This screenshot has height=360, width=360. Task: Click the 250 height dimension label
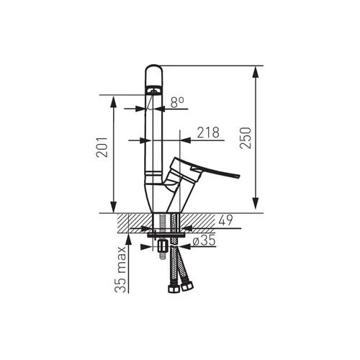[246, 138]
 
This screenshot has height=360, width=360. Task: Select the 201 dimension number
[102, 147]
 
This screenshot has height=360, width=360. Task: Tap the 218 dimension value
[208, 132]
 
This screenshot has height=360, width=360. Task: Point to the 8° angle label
[177, 102]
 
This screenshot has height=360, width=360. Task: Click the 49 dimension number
[225, 220]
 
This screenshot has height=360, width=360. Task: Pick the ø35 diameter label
[204, 240]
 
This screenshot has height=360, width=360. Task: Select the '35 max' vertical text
[120, 269]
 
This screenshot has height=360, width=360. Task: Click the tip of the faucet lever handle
[239, 176]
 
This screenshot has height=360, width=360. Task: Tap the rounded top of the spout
[154, 68]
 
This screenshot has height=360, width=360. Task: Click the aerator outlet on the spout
[153, 91]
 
